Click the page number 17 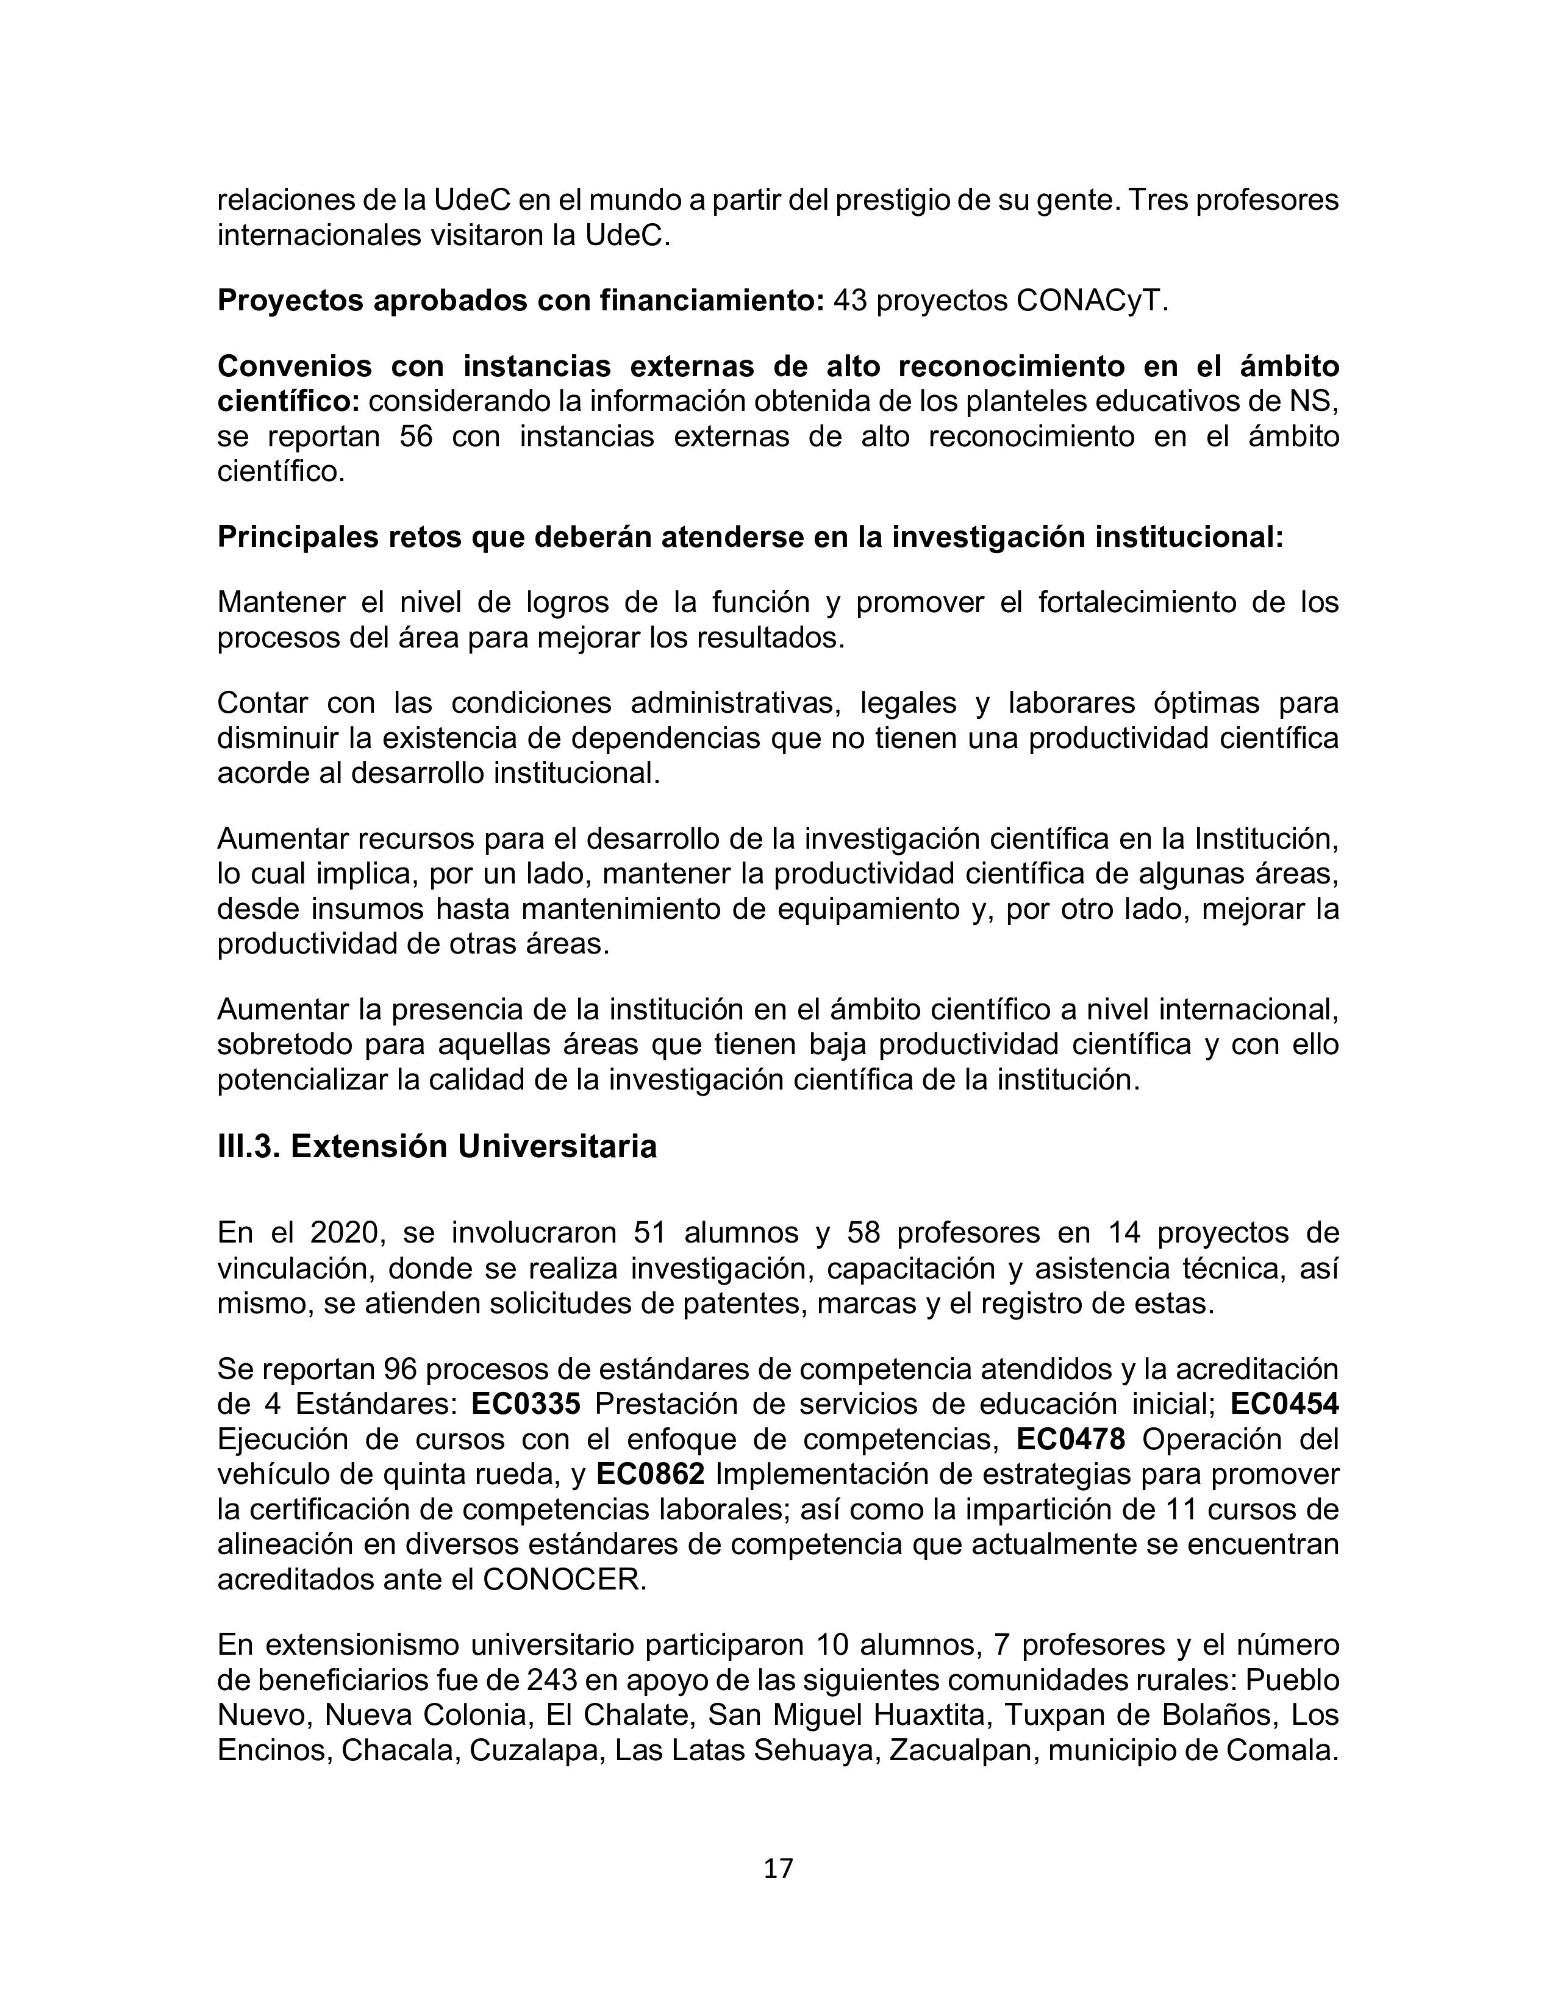[x=778, y=1868]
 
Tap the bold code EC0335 [x=526, y=1404]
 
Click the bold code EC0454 [x=1284, y=1404]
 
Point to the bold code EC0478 [x=1070, y=1439]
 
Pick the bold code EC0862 [x=651, y=1474]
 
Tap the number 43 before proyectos [x=850, y=301]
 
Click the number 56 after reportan [x=416, y=437]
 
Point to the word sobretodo [x=283, y=1044]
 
